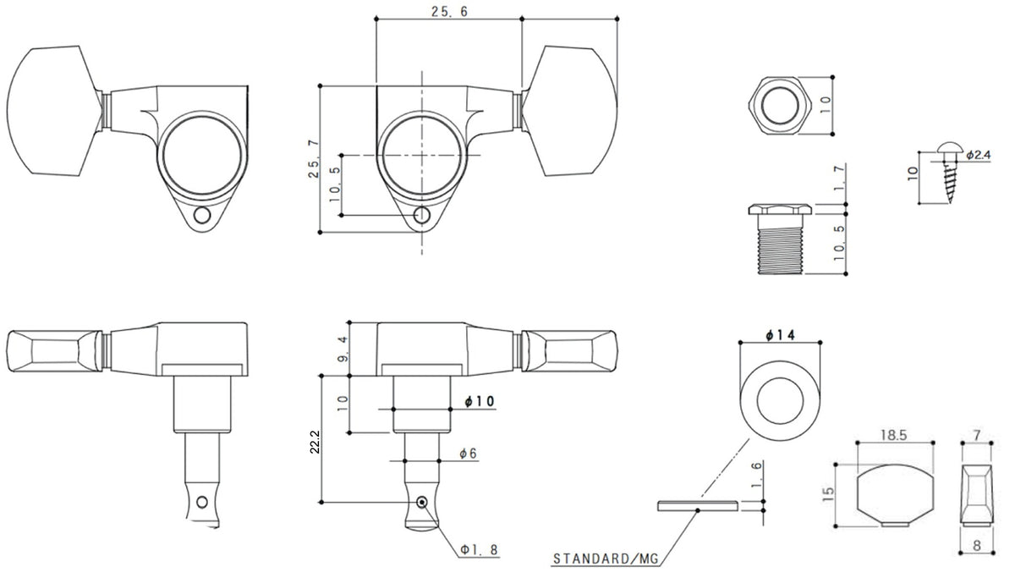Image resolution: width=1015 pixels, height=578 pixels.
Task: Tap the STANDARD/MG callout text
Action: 604,558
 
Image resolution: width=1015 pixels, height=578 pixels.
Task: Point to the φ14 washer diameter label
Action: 781,335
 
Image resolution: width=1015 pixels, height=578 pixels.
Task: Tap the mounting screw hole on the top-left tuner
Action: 202,216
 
